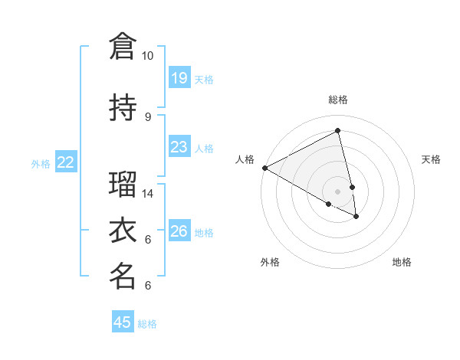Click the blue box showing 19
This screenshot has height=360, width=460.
pyautogui.click(x=179, y=77)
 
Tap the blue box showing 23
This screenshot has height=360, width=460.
pyautogui.click(x=179, y=146)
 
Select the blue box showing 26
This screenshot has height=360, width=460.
pyautogui.click(x=179, y=231)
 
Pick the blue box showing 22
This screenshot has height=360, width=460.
pyautogui.click(x=66, y=162)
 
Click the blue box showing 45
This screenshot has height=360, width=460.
pyautogui.click(x=123, y=322)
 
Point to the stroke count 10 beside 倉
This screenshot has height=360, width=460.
pyautogui.click(x=147, y=56)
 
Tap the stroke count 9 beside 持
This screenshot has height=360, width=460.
pyautogui.click(x=147, y=116)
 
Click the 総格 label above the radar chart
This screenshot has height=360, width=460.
pyautogui.click(x=338, y=100)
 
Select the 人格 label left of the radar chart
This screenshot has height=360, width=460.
pyautogui.click(x=245, y=159)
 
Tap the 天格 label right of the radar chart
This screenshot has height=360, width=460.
pyautogui.click(x=431, y=159)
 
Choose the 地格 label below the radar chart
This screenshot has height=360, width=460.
pyautogui.click(x=402, y=262)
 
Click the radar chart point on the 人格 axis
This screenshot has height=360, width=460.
pyautogui.click(x=264, y=168)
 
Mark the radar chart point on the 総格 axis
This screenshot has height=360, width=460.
pyautogui.click(x=338, y=131)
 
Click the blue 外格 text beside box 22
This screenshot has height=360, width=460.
pyautogui.click(x=41, y=163)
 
